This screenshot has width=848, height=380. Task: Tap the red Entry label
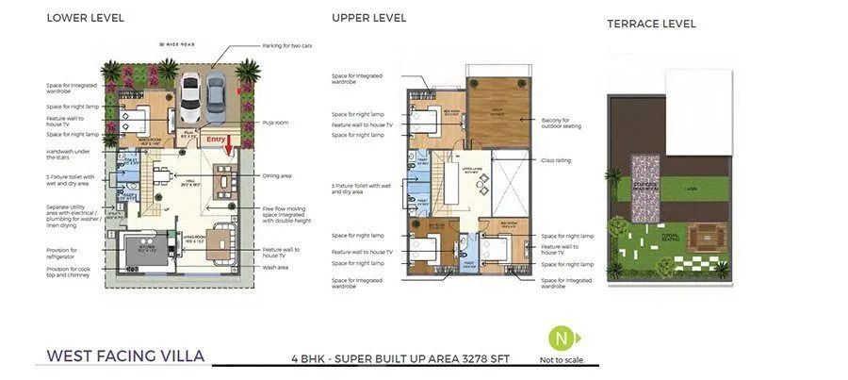pyautogui.click(x=217, y=140)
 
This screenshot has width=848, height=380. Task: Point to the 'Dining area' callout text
pyautogui.click(x=280, y=174)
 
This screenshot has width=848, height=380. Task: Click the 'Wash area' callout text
pyautogui.click(x=276, y=267)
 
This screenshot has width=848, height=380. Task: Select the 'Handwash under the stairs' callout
pyautogui.click(x=68, y=155)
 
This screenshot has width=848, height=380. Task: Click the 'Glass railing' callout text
pyautogui.click(x=557, y=160)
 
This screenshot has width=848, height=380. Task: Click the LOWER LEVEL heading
pyautogui.click(x=85, y=18)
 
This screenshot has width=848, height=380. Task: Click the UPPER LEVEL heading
pyautogui.click(x=368, y=17)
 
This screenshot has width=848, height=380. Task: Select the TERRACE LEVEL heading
pyautogui.click(x=651, y=24)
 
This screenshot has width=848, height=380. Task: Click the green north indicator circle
pyautogui.click(x=562, y=338)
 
